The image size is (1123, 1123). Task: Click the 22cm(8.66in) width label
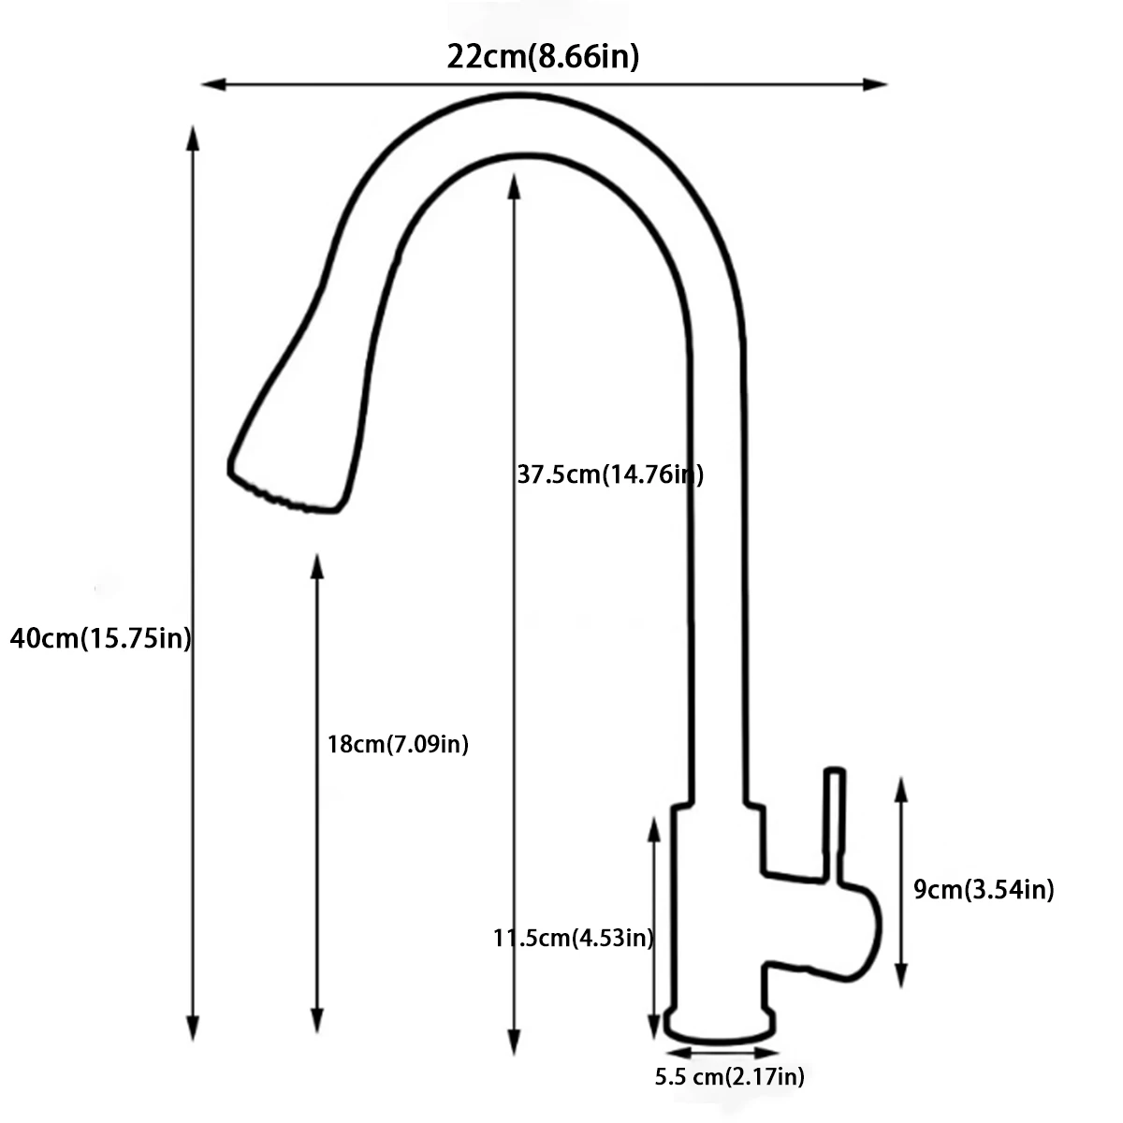pyautogui.click(x=543, y=57)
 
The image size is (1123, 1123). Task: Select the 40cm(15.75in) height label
pyautogui.click(x=100, y=638)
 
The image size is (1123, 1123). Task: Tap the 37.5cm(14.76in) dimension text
pyautogui.click(x=609, y=474)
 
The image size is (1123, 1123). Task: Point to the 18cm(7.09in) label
pyautogui.click(x=398, y=744)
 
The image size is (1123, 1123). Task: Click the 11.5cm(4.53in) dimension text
pyautogui.click(x=574, y=937)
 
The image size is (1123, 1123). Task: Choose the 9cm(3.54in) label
pyautogui.click(x=984, y=889)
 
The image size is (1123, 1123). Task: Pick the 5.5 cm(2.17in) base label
pyautogui.click(x=729, y=1076)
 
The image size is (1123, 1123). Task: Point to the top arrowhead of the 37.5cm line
pyautogui.click(x=513, y=185)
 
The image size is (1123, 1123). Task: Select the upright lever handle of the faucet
pyautogui.click(x=835, y=824)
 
